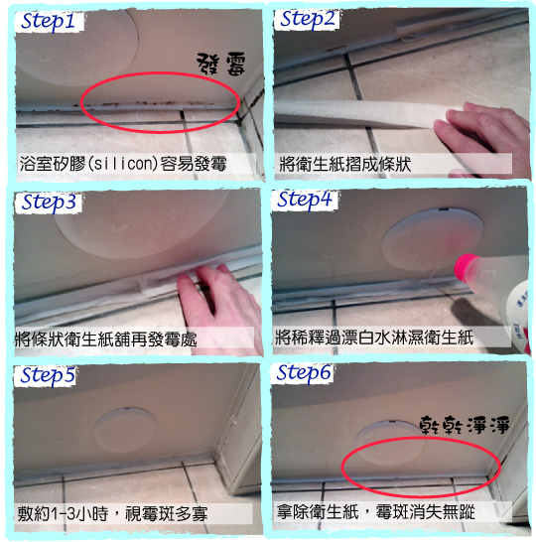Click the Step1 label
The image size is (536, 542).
click(48, 22)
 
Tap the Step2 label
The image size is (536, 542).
click(308, 20)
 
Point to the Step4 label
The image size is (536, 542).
click(304, 200)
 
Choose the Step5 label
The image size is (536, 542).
click(48, 375)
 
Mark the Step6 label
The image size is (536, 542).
click(304, 373)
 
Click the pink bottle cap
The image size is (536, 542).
click(466, 266)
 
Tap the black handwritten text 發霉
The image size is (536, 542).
click(221, 64)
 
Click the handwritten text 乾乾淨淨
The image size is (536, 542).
click(465, 425)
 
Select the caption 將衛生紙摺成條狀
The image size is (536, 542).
click(344, 164)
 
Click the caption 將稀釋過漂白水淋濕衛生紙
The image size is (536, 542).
click(374, 338)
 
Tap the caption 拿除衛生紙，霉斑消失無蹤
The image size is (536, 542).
click(375, 511)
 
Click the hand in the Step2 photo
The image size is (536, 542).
click(483, 138)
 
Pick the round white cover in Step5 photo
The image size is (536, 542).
click(124, 430)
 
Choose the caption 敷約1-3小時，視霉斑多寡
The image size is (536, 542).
click(112, 513)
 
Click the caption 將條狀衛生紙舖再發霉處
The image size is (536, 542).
click(106, 339)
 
